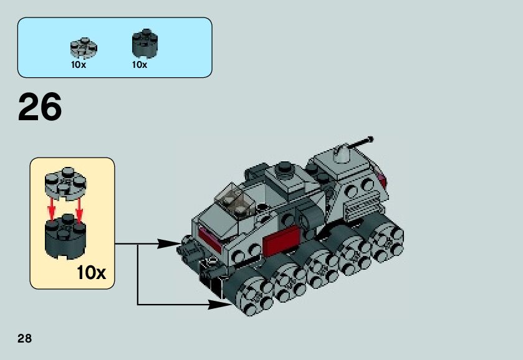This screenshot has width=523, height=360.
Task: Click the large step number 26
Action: click(40, 108)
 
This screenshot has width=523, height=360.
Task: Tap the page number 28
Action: click(24, 339)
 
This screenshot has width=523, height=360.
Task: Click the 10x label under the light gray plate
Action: click(79, 65)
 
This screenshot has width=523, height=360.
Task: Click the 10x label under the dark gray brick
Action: click(139, 65)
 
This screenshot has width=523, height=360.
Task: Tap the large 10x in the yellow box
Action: click(91, 273)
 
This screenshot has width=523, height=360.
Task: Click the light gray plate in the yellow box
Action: click(64, 181)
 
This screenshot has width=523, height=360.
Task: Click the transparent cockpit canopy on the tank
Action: click(234, 200)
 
